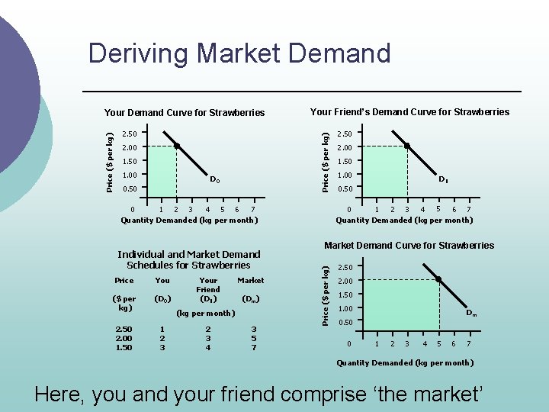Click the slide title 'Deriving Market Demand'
pos(239,53)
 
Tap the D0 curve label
pos(216,180)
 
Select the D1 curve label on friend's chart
pos(442,180)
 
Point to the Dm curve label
pos(472,313)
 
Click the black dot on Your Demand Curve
pos(176,146)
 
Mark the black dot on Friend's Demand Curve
pos(407,146)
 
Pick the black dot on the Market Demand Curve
pos(438,279)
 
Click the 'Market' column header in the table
pos(251,280)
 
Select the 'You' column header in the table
pos(162,280)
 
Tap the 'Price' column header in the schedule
pos(124,280)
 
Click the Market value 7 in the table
pos(254,348)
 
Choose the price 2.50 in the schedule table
pos(123,329)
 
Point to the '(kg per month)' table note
pos(205,313)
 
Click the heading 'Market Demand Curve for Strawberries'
pos(409,246)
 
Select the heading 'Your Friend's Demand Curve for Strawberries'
pos(409,112)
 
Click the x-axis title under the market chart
pos(405,363)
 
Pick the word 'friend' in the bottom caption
pos(245,394)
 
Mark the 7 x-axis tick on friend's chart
pos(467,210)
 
